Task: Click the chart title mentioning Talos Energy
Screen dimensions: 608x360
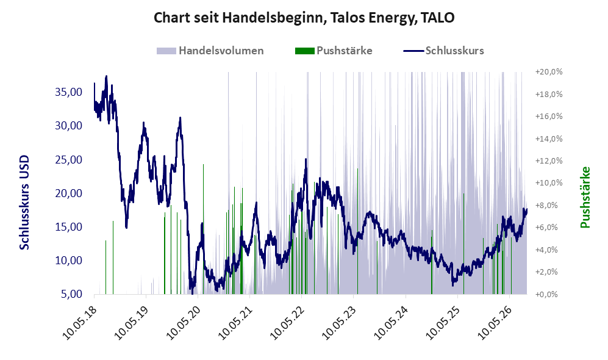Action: [304, 18]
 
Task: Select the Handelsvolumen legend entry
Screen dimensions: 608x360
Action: [210, 51]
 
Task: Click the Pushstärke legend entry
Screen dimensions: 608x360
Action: [334, 51]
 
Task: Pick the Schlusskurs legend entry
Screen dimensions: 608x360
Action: [443, 51]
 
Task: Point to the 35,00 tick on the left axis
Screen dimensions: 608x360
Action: [69, 92]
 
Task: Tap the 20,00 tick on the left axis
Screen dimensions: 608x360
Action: [69, 193]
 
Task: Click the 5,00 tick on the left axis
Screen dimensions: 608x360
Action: [72, 294]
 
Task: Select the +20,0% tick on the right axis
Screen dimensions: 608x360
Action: [549, 72]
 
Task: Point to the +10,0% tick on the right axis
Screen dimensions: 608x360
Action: [549, 182]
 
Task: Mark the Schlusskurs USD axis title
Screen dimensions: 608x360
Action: [24, 203]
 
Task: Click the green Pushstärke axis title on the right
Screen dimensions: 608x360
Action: [585, 197]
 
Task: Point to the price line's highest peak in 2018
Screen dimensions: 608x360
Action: [106, 76]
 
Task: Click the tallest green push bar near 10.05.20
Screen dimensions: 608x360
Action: [203, 229]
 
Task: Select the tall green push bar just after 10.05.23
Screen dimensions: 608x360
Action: [357, 231]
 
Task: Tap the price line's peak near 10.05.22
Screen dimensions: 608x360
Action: [306, 159]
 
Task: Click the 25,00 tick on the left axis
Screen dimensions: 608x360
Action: [69, 159]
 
